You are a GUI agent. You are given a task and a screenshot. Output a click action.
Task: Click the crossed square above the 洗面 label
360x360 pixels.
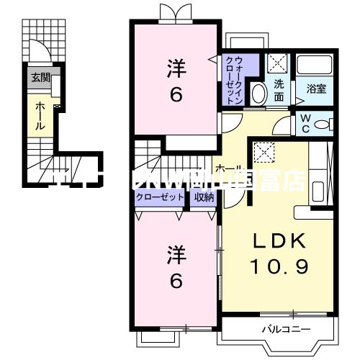click(x=278, y=62)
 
